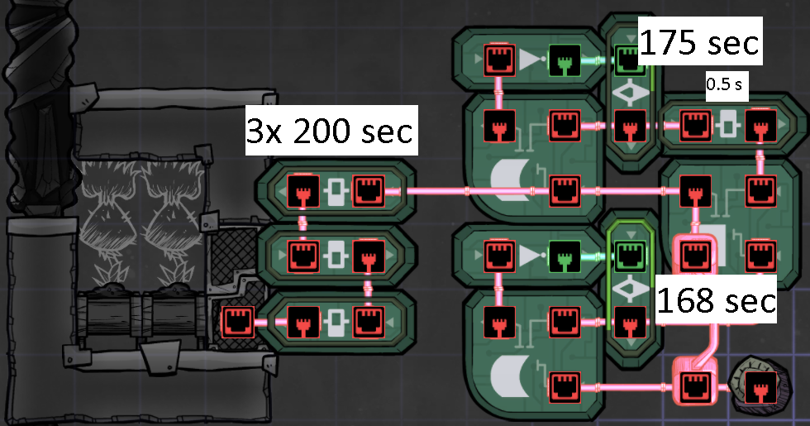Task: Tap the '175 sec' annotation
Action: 699,42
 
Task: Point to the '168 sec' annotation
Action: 716,301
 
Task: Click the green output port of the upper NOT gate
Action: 564,60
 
